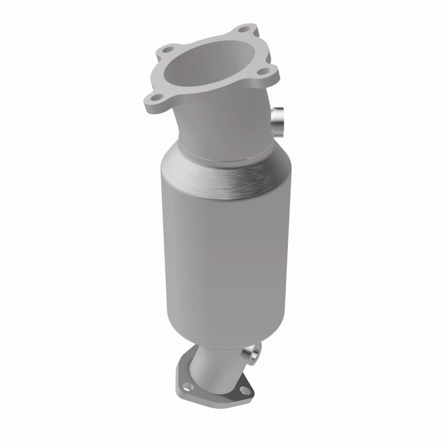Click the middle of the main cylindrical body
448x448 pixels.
coord(218,252)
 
